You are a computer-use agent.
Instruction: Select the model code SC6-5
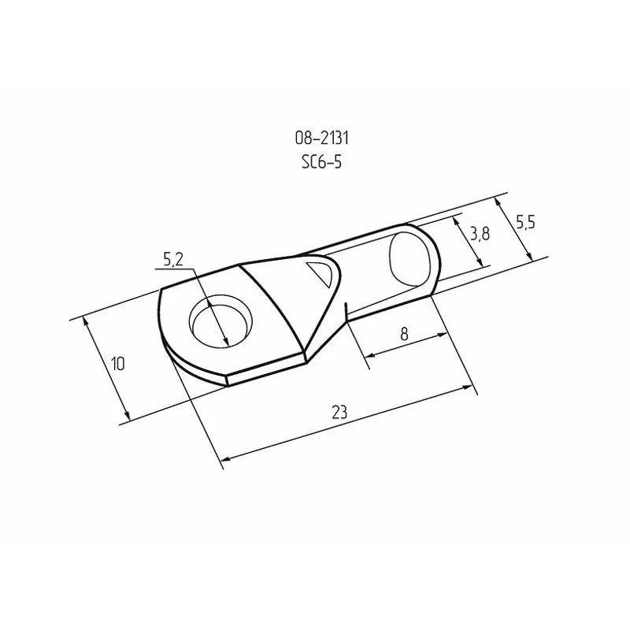[321, 162]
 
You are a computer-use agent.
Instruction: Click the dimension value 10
[117, 364]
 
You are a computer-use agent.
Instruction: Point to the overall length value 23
[339, 411]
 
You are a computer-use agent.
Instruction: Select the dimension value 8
[404, 333]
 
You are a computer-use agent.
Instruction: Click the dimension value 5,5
[525, 223]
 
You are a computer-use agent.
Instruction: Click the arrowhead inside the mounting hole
[226, 340]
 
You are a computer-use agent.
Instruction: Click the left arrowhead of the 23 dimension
[227, 457]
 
